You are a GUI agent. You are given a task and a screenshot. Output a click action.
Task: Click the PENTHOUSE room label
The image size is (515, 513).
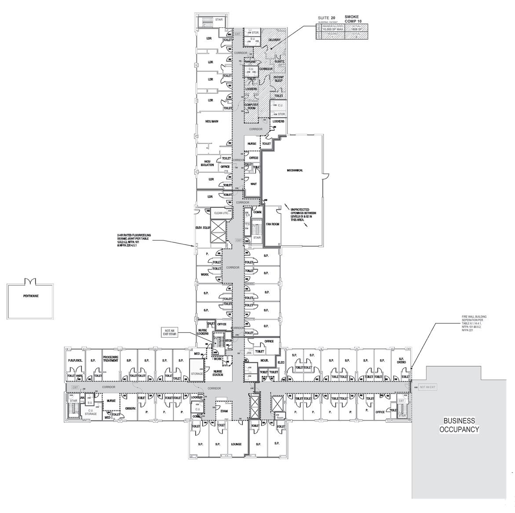point(31,296)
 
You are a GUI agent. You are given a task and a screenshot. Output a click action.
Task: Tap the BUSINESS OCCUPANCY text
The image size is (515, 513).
point(459,425)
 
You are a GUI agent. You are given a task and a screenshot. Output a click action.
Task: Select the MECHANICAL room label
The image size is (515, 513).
point(295,170)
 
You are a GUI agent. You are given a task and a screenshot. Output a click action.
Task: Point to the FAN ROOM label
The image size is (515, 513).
point(273,225)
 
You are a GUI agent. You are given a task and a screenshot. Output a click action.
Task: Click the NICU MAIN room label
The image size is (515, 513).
point(212,121)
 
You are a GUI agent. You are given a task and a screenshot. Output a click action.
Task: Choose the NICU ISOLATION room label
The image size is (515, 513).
point(207,163)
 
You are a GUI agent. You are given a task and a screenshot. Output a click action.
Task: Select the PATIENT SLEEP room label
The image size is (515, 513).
point(278,79)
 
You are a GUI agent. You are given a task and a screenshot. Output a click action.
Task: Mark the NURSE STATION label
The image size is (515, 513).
point(217,373)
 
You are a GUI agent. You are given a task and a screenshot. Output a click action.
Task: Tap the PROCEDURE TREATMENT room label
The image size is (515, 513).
point(111,359)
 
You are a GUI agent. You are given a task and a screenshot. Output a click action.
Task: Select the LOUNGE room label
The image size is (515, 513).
point(236,444)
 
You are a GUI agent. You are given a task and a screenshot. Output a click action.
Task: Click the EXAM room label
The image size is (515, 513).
point(224,411)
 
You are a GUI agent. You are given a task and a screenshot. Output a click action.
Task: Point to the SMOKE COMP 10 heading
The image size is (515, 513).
point(351,19)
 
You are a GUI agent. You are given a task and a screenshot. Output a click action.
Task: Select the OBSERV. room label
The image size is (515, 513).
point(130,408)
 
